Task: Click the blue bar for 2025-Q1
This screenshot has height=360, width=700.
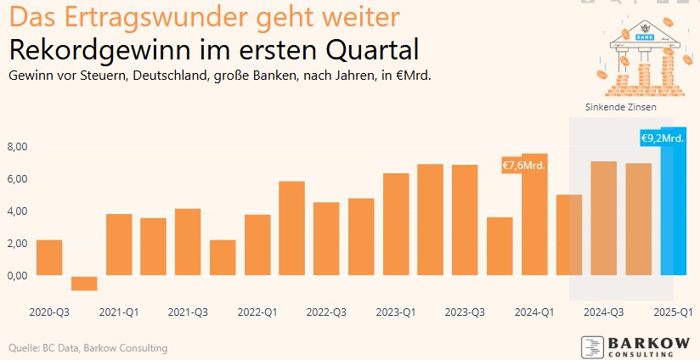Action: (673, 212)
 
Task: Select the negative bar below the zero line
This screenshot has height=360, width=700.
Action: (84, 284)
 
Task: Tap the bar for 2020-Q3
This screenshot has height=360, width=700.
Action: (49, 258)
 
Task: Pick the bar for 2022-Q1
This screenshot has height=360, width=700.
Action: (257, 245)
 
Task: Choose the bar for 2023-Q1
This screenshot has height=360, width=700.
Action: (396, 224)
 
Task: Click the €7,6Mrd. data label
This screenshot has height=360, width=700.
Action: (523, 165)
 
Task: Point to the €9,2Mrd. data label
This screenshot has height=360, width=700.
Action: (662, 138)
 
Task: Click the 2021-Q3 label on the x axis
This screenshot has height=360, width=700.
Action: (189, 312)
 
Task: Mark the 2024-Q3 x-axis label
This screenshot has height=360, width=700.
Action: (604, 312)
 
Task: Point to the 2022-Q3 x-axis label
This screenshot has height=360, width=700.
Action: (327, 312)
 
